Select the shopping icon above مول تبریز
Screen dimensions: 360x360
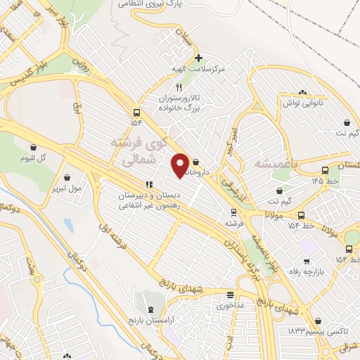pyautogui.click(x=67, y=177)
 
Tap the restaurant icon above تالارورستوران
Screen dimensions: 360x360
pyautogui.click(x=179, y=88)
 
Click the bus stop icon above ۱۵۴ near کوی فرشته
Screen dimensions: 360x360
pyautogui.click(x=136, y=112)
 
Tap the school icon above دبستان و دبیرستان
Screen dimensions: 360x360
pyautogui.click(x=148, y=184)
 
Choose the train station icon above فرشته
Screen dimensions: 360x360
pyautogui.click(x=233, y=212)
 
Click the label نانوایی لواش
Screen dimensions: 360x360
pyautogui.click(x=302, y=103)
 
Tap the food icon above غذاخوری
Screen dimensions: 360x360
pyautogui.click(x=230, y=295)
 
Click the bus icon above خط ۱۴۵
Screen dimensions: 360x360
pyautogui.click(x=324, y=170)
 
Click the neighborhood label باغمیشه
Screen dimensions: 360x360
pyautogui.click(x=262, y=163)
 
